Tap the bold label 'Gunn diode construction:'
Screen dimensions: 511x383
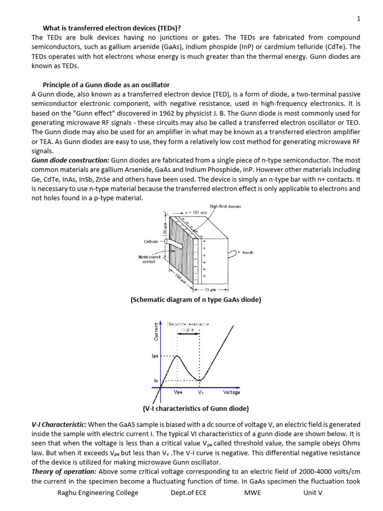[70, 161]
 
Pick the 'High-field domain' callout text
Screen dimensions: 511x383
[225, 207]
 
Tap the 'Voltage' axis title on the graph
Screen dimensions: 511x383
[231, 392]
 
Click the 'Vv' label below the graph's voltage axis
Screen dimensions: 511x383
[200, 392]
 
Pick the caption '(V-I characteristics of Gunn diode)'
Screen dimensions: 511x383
[195, 409]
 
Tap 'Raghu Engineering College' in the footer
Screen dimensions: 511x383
[98, 493]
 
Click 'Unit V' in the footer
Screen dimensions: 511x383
[313, 493]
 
